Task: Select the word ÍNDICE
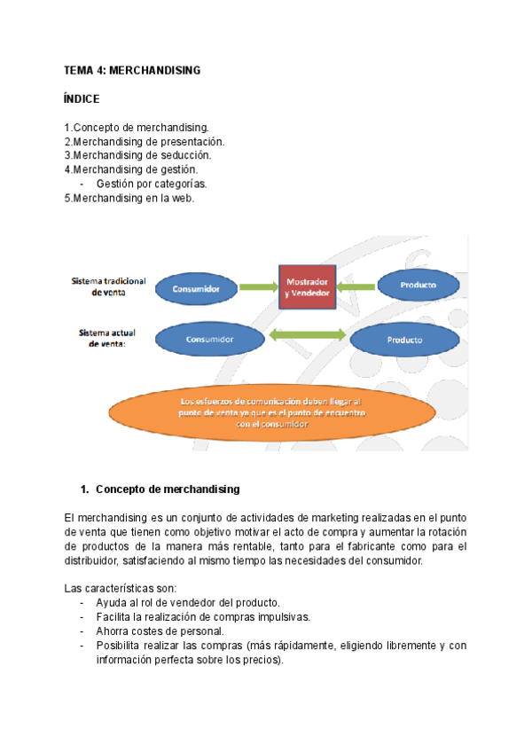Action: click(82, 98)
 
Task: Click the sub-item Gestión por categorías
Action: click(152, 184)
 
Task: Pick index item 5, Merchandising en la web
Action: click(129, 198)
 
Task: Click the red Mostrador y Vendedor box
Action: click(307, 286)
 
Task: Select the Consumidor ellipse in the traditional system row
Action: click(197, 287)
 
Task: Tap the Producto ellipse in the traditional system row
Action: click(419, 285)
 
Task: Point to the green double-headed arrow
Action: click(306, 336)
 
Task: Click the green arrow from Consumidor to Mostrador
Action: click(257, 287)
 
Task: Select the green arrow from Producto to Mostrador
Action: click(356, 286)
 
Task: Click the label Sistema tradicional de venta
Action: click(108, 286)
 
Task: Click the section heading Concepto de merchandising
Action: click(167, 489)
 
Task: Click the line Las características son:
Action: click(121, 588)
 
